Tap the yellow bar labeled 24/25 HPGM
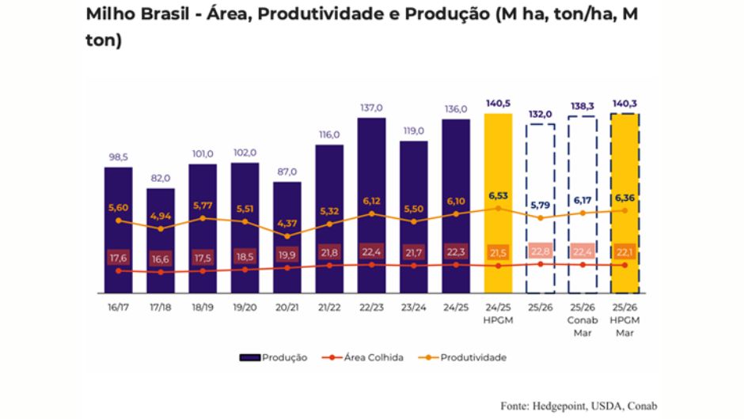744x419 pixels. click(498, 158)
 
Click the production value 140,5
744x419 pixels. click(498, 103)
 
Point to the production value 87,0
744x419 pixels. click(287, 172)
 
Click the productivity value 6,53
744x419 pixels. click(498, 194)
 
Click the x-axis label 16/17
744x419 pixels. click(118, 307)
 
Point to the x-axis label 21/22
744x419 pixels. click(329, 307)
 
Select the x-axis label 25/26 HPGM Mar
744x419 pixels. click(625, 319)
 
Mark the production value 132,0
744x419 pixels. click(541, 114)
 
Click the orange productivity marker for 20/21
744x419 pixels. click(287, 236)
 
